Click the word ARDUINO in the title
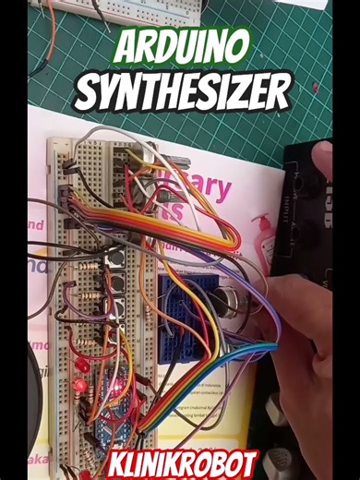[x=180, y=47]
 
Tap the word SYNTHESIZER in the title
[x=182, y=91]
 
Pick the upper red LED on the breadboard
[x=80, y=362]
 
